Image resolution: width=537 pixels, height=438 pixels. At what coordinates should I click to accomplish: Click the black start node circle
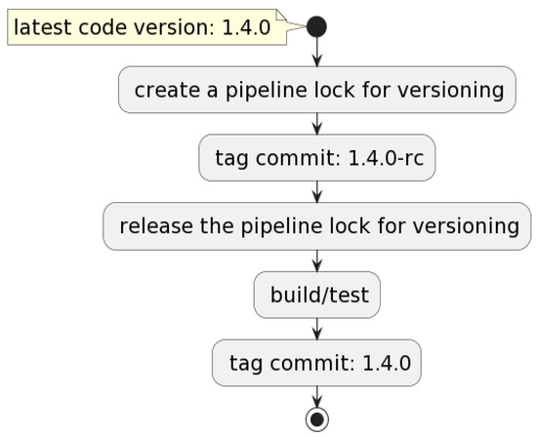(316, 26)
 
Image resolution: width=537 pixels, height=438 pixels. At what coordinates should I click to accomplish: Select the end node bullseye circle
(316, 419)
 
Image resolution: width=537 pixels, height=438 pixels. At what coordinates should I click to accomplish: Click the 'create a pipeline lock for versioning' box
(316, 90)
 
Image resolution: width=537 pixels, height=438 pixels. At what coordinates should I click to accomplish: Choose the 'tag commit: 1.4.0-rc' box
(316, 158)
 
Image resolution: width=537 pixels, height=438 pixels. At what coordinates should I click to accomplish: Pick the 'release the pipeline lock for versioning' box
(316, 226)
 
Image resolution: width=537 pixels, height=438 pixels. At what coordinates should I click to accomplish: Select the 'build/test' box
(316, 295)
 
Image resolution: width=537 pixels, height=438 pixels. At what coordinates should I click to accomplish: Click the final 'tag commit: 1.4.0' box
(316, 363)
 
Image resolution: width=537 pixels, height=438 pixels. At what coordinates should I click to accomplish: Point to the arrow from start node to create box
(316, 53)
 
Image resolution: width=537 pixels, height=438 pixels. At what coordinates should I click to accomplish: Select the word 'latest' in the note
(44, 27)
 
